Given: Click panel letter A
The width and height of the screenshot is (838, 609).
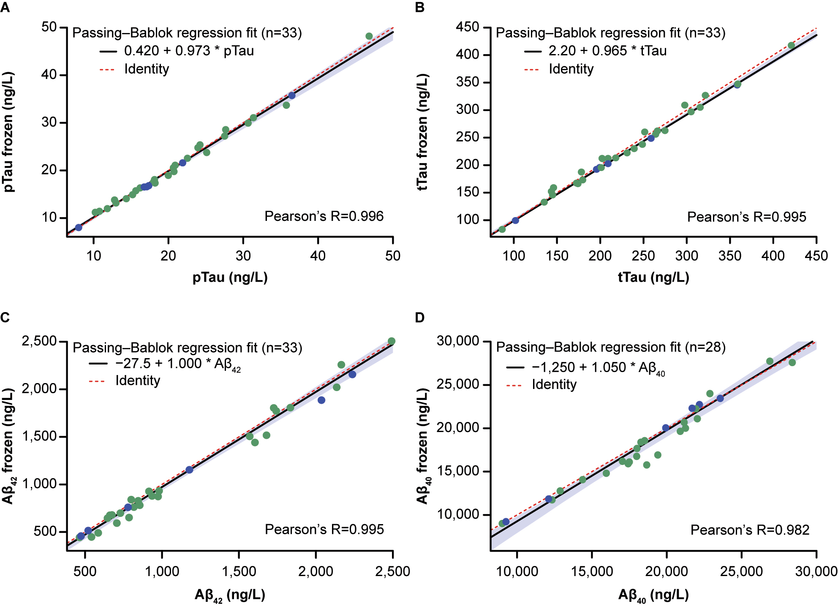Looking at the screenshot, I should pos(5,8).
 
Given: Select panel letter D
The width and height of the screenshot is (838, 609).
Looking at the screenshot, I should pos(419,318).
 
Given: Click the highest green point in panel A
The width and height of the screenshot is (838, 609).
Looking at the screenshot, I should pos(369,36).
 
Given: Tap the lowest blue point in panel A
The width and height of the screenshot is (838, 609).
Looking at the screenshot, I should pos(79,227).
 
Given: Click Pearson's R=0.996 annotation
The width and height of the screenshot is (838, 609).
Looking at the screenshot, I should pos(324,216).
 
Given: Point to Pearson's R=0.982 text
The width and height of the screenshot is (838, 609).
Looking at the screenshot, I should pos(750,530).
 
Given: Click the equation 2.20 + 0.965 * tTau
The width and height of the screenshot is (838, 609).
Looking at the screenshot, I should pos(607,51).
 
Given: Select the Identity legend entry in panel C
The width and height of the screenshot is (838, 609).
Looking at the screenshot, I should pos(138,381).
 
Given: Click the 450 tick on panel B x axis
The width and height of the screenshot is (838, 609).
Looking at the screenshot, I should pos(816,256).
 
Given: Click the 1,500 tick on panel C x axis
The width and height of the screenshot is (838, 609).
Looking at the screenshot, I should pos(239,571).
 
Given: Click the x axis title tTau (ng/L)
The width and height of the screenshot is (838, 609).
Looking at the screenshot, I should pos(653,277).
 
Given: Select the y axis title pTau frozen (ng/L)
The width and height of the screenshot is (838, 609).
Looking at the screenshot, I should pos(8,132).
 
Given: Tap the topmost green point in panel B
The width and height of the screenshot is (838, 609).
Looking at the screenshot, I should pos(791,46).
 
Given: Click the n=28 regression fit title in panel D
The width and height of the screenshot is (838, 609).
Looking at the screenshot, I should pos(610,347).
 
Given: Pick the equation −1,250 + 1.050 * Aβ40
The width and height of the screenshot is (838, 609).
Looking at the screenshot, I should pos(598,367).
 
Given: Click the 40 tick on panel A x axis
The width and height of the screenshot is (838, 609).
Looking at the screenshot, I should pos(318,256).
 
